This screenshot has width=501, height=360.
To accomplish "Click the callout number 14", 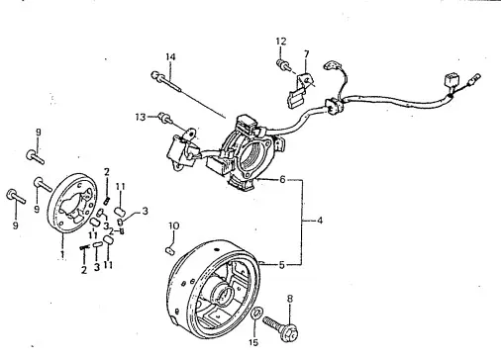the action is [x=170, y=57].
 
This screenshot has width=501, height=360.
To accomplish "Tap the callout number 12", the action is [x=281, y=42].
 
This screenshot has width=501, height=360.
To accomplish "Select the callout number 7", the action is [x=307, y=53].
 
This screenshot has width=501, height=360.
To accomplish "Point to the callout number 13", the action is [x=141, y=117].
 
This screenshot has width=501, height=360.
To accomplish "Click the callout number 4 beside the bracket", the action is [x=320, y=221].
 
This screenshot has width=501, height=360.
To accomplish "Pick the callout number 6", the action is [x=282, y=180].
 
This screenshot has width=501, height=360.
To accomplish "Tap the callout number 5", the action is [x=281, y=265].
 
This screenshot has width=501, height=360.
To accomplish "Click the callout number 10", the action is [x=174, y=226].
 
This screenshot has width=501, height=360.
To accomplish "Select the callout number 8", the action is [x=290, y=299].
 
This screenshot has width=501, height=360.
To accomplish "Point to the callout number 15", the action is [x=253, y=343].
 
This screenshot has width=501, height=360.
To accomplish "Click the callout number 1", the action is [x=62, y=254].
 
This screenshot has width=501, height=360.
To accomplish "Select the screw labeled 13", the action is [x=165, y=119].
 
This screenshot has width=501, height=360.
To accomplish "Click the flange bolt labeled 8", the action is [x=281, y=327].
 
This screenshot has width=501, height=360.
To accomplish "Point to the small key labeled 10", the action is [x=169, y=251].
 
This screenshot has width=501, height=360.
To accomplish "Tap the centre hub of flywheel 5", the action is [x=223, y=292].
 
